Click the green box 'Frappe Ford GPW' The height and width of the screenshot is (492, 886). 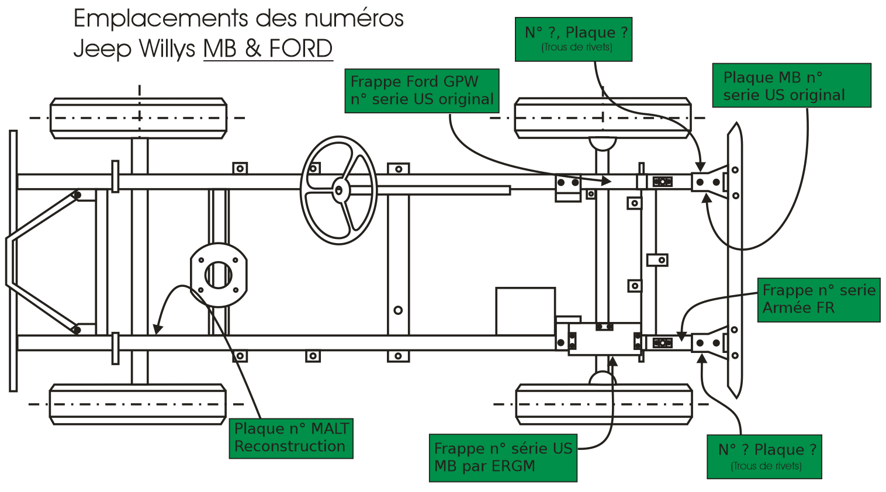pyautogui.click(x=421, y=91)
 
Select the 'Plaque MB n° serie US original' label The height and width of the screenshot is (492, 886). pyautogui.click(x=791, y=85)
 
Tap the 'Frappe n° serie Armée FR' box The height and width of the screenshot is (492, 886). pyautogui.click(x=818, y=299)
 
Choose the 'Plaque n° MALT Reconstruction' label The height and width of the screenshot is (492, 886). pyautogui.click(x=290, y=438)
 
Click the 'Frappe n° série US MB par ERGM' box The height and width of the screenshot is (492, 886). pyautogui.click(x=503, y=458)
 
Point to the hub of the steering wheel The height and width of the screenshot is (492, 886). pyautogui.click(x=339, y=190)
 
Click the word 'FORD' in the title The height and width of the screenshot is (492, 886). pyautogui.click(x=300, y=48)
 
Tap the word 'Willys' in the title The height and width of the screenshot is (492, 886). pyautogui.click(x=167, y=48)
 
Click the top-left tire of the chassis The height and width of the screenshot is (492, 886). pyautogui.click(x=139, y=118)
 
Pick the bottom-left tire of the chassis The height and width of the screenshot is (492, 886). pyautogui.click(x=138, y=404)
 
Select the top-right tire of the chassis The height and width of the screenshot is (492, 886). pyautogui.click(x=603, y=117)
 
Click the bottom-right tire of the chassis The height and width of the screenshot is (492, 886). pyautogui.click(x=604, y=404)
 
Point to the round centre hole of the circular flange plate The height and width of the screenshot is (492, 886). pyautogui.click(x=219, y=275)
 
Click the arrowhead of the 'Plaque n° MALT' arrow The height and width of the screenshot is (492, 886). pyautogui.click(x=157, y=330)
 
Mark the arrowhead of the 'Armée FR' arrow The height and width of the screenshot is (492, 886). pyautogui.click(x=681, y=337)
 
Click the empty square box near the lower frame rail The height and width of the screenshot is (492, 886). pyautogui.click(x=525, y=311)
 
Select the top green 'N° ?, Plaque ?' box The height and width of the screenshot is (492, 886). pyautogui.click(x=573, y=39)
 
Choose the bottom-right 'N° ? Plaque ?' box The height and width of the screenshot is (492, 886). pyautogui.click(x=764, y=456)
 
